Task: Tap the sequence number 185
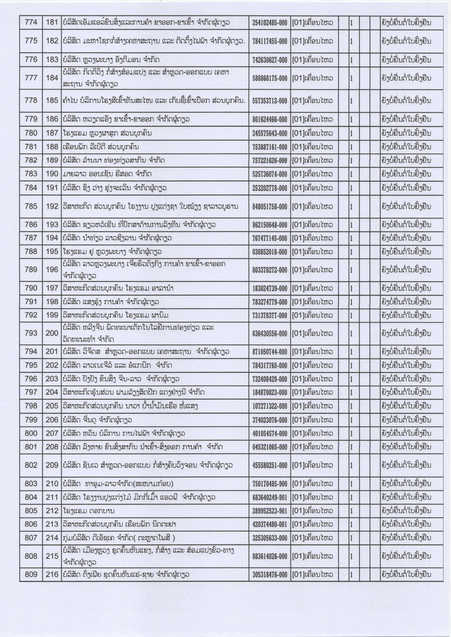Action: [x=52, y=100]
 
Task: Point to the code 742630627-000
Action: [x=270, y=60]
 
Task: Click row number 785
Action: [x=31, y=206]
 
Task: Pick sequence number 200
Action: [x=52, y=333]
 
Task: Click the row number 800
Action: [x=31, y=433]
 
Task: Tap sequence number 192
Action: [x=52, y=206]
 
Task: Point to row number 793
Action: [x=31, y=333]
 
